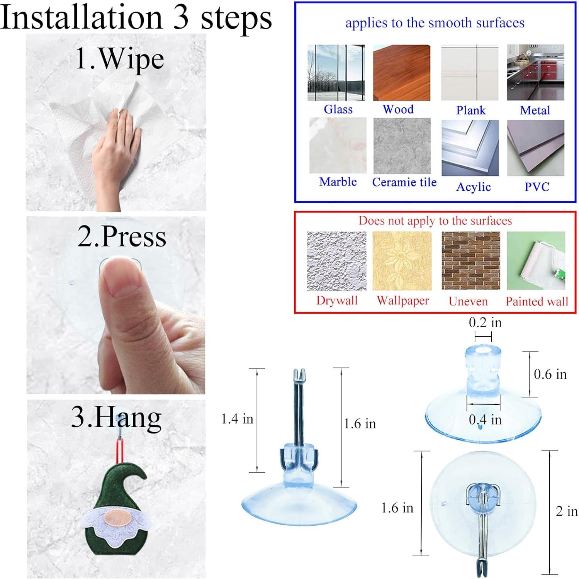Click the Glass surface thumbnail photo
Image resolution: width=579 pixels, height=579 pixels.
[x=336, y=73]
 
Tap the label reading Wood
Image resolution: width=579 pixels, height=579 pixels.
[x=398, y=109]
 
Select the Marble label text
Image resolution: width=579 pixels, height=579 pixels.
[x=338, y=182]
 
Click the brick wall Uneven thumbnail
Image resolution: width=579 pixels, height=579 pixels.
[x=470, y=261]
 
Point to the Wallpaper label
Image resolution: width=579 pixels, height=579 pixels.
[x=403, y=301]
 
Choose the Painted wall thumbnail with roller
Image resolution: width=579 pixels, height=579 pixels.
[x=536, y=261]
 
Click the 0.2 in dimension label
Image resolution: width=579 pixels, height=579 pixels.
[x=485, y=322]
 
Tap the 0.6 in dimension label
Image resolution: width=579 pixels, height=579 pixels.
[x=550, y=374]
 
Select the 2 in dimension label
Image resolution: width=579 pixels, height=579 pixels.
[x=567, y=511]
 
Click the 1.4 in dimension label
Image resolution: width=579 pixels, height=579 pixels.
[x=237, y=419]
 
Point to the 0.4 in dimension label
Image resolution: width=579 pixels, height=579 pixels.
[x=485, y=419]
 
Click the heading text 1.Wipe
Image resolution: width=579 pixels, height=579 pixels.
[x=120, y=59]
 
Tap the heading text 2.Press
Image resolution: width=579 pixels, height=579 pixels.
[x=122, y=236]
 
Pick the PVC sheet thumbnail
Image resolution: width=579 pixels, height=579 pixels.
[x=536, y=148]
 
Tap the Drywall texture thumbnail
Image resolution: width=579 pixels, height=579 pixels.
[x=336, y=261]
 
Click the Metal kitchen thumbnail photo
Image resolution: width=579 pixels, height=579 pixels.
[x=536, y=73]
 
